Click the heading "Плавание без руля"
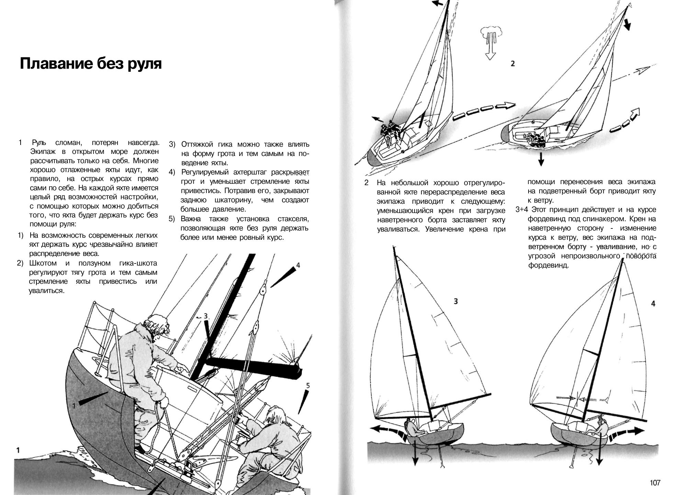pyautogui.click(x=91, y=64)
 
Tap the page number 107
pyautogui.click(x=655, y=483)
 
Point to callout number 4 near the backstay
pyautogui.click(x=298, y=265)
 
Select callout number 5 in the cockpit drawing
pyautogui.click(x=308, y=386)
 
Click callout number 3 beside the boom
pyautogui.click(x=206, y=316)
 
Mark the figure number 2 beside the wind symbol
pyautogui.click(x=512, y=64)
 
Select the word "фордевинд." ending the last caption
pyautogui.click(x=548, y=266)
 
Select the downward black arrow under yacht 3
pyautogui.click(x=415, y=453)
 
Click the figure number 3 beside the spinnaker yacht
pyautogui.click(x=455, y=301)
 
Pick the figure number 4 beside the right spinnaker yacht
pyautogui.click(x=653, y=303)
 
